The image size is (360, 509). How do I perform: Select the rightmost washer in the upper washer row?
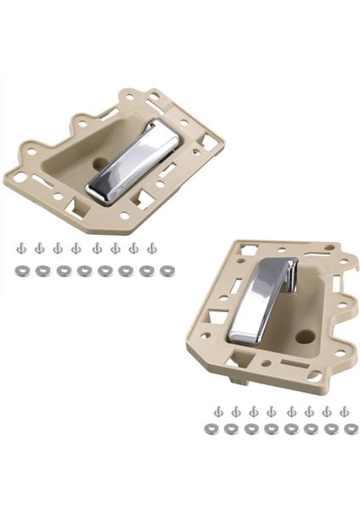pos(166,271)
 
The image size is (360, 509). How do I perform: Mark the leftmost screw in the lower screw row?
pos(218,411)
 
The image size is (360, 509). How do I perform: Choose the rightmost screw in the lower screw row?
pos(344,411)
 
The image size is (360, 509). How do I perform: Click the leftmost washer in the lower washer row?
pos(212,429)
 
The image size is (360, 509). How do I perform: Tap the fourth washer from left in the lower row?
pos(271,429)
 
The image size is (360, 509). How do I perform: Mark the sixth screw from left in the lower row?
pos(308,411)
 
